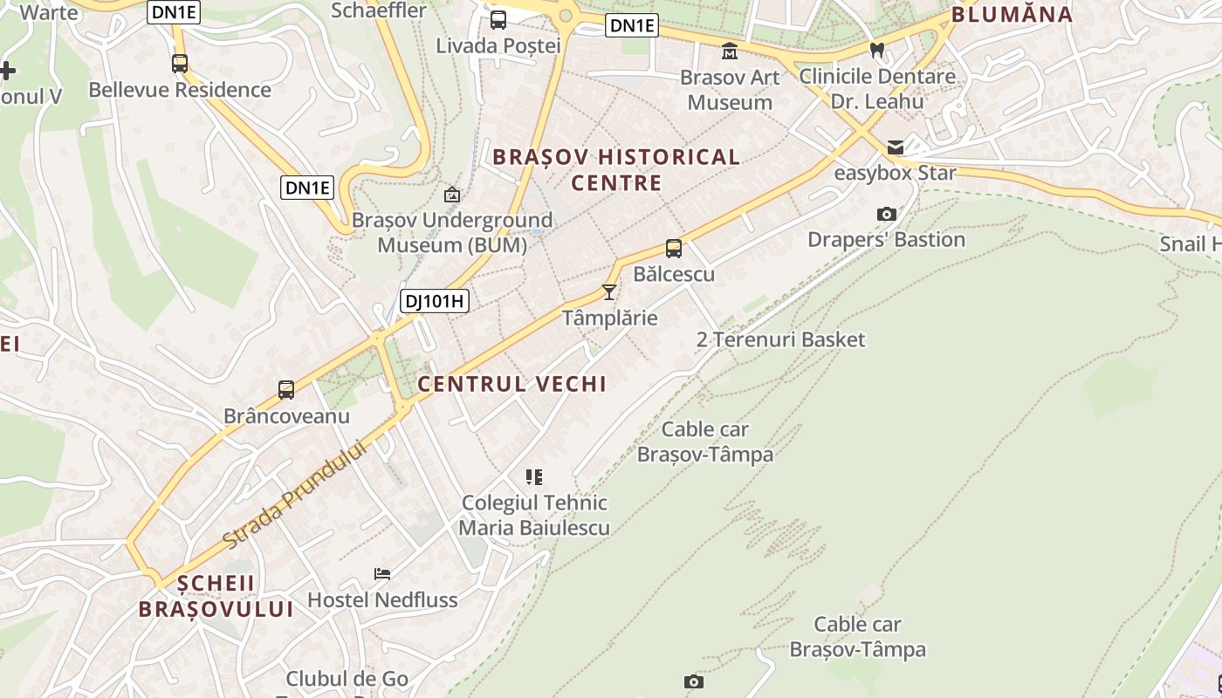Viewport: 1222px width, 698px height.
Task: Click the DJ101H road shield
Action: [x=435, y=302]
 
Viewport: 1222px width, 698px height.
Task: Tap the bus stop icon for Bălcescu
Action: [x=674, y=249]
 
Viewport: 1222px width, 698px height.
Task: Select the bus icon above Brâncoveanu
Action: [x=286, y=390]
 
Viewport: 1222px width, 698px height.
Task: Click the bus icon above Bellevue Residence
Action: [x=180, y=64]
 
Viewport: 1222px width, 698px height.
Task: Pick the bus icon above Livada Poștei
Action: [x=498, y=20]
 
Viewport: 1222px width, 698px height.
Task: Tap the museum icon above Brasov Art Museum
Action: [x=730, y=51]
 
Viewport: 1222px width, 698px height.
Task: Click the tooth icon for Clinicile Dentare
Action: [x=878, y=51]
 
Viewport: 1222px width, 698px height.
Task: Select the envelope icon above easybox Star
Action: [x=896, y=147]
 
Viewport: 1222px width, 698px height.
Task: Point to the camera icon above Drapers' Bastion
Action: [x=886, y=214]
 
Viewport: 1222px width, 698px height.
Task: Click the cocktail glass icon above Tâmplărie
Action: [x=609, y=292]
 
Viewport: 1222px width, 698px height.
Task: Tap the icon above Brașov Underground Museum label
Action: [x=452, y=195]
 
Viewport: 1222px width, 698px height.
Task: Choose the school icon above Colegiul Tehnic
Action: [x=534, y=477]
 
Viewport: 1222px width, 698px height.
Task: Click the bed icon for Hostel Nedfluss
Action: [x=382, y=574]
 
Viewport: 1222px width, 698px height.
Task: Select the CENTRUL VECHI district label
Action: [x=511, y=384]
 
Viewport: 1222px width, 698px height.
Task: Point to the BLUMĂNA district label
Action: [x=1012, y=14]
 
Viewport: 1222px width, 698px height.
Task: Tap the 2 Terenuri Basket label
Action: [x=780, y=339]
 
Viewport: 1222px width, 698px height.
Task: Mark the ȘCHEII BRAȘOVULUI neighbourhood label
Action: [x=216, y=596]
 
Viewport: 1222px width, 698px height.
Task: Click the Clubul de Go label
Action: [x=347, y=679]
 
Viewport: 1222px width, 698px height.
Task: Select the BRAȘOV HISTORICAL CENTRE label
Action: [x=616, y=170]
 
